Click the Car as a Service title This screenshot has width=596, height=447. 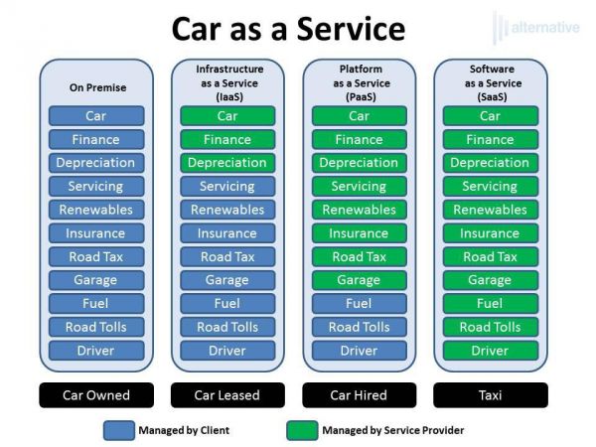point(288,29)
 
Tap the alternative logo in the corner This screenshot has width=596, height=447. point(536,28)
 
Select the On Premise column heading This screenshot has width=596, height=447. point(97,87)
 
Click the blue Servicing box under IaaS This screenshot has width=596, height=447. point(227,187)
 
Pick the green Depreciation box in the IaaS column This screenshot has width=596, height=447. point(227,163)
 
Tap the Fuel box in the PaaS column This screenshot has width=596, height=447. point(360,303)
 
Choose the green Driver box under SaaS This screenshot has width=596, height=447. point(491,351)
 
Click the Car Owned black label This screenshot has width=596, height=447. point(96,395)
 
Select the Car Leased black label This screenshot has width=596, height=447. point(227,395)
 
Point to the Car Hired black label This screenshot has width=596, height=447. point(360,395)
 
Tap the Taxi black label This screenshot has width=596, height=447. point(491,395)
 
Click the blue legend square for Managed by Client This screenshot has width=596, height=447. point(119,430)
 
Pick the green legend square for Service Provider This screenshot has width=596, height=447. point(303,430)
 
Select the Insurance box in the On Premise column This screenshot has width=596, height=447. point(96,233)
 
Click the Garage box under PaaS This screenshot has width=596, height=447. point(360,280)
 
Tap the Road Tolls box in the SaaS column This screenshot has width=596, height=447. point(491,327)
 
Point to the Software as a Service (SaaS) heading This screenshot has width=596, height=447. point(493,82)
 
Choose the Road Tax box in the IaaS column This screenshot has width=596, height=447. point(227,256)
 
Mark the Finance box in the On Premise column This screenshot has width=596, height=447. point(96,139)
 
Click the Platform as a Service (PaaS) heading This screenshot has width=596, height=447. point(362,82)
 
